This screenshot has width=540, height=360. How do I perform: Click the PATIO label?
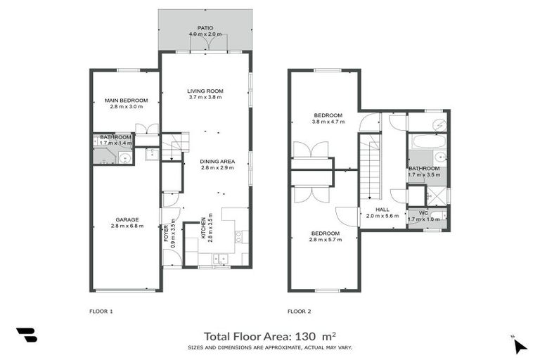tap(205, 27)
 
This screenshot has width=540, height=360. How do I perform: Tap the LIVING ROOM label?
tap(205, 91)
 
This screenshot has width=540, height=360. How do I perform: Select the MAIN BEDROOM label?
tap(127, 100)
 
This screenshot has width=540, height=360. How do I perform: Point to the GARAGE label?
tap(127, 219)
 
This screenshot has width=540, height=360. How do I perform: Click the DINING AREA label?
tap(217, 161)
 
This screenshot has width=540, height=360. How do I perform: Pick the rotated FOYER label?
tap(166, 232)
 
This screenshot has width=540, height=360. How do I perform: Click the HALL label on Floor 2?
tap(382, 210)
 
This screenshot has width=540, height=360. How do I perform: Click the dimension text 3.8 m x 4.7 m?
tap(328, 122)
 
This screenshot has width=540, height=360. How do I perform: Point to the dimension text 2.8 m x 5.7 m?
tap(326, 240)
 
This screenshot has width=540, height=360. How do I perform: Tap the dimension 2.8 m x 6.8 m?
tap(127, 226)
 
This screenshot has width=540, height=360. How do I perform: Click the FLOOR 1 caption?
tap(101, 310)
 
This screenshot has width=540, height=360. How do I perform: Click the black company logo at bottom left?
tap(26, 335)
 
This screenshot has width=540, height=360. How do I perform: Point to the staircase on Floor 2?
tap(369, 169)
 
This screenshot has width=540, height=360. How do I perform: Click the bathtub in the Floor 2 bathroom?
tap(428, 141)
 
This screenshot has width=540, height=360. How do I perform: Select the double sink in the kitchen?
tap(221, 259)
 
